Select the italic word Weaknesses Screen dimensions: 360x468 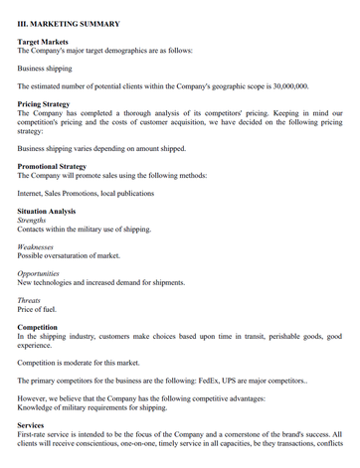tap(40, 246)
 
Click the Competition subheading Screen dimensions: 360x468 tap(42, 327)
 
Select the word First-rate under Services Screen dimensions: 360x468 tap(36, 434)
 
